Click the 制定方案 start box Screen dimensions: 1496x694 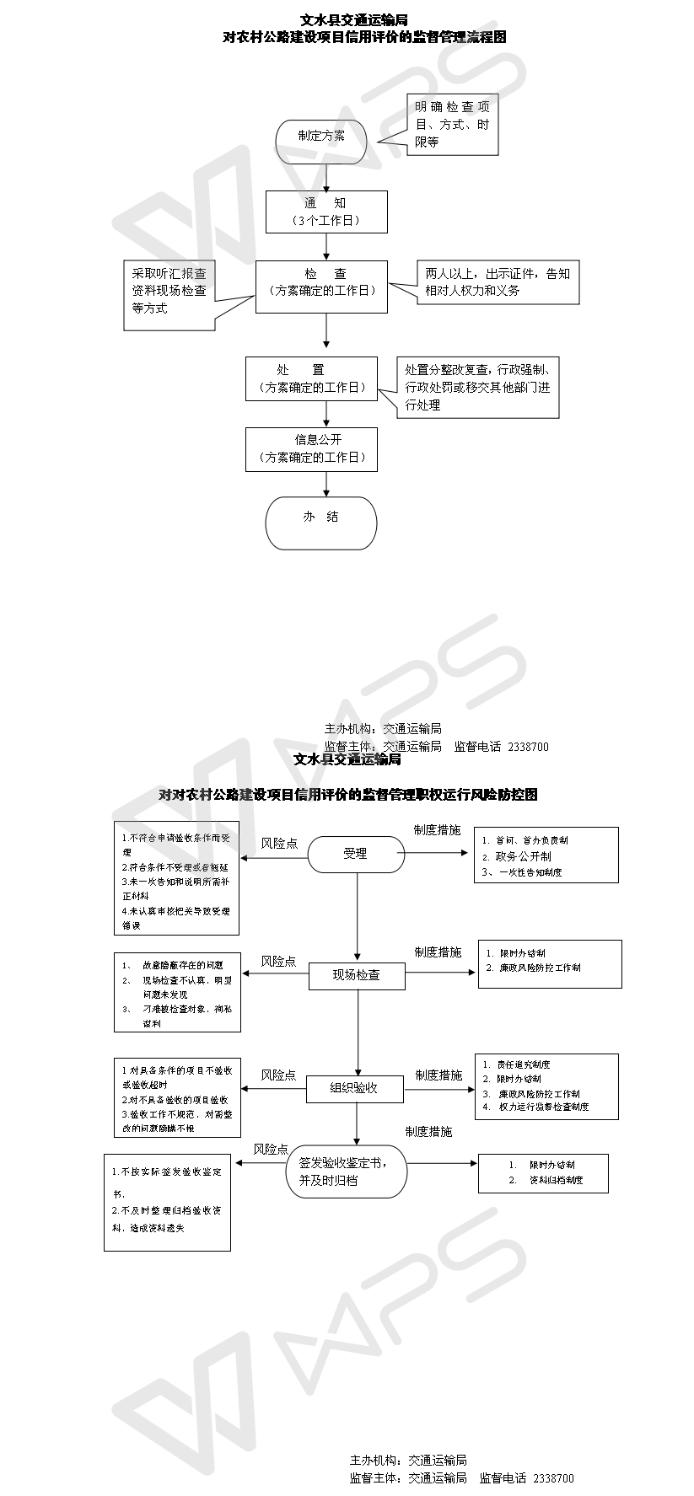(x=320, y=142)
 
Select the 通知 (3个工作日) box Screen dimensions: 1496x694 (x=327, y=212)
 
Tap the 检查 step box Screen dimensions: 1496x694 (x=321, y=287)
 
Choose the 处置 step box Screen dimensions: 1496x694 (x=311, y=378)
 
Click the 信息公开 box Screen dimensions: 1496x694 (x=311, y=449)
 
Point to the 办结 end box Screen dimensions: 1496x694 (x=320, y=523)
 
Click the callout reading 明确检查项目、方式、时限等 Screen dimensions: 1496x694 (x=452, y=125)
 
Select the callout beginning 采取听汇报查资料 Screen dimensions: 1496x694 (x=169, y=292)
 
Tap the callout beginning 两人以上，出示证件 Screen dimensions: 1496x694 (x=498, y=282)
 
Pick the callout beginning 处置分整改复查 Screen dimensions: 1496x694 (x=478, y=388)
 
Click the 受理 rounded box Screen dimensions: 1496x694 (x=355, y=854)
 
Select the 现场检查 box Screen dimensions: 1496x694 (x=357, y=975)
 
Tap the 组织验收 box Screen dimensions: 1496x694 (x=354, y=1088)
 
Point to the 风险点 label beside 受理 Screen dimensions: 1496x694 (x=279, y=843)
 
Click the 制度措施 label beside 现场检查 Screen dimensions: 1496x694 (x=438, y=952)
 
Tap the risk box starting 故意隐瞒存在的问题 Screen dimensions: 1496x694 (x=177, y=991)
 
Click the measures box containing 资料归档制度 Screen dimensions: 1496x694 (x=543, y=1172)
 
